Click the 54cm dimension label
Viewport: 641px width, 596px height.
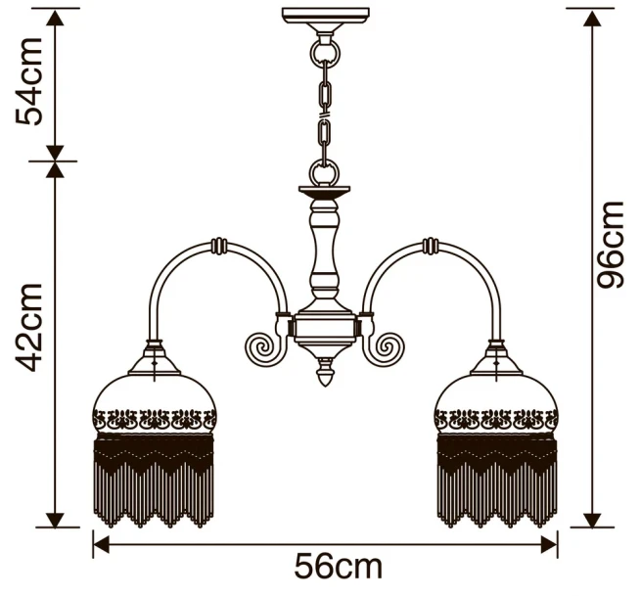[28, 81]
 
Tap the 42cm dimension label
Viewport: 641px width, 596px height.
[28, 328]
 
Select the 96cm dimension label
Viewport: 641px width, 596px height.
[610, 245]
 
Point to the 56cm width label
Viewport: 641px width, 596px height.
[338, 567]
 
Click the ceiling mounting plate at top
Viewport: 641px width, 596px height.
[326, 16]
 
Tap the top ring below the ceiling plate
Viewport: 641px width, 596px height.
[326, 52]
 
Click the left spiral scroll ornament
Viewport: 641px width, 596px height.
[262, 347]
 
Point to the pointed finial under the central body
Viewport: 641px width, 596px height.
[326, 371]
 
